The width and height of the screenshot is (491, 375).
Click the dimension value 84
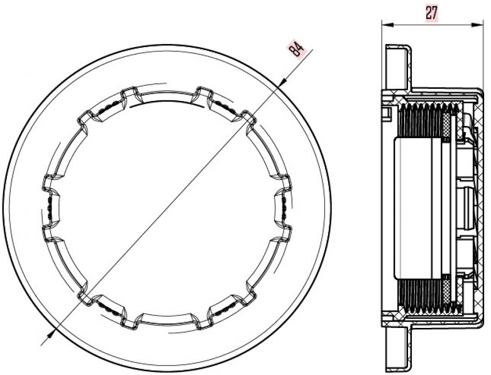coord(296,49)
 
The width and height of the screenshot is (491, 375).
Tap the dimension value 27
coord(431,13)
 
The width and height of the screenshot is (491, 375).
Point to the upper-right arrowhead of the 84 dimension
coord(283,81)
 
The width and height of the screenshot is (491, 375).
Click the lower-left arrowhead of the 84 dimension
coord(51,335)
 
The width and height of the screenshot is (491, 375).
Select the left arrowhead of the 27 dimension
coord(387,25)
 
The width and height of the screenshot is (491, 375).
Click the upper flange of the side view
coord(398,67)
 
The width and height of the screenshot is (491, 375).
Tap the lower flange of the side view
coord(398,349)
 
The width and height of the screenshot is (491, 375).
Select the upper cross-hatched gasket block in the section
coord(447,125)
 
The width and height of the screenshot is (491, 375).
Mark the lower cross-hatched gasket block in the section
coord(447,291)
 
